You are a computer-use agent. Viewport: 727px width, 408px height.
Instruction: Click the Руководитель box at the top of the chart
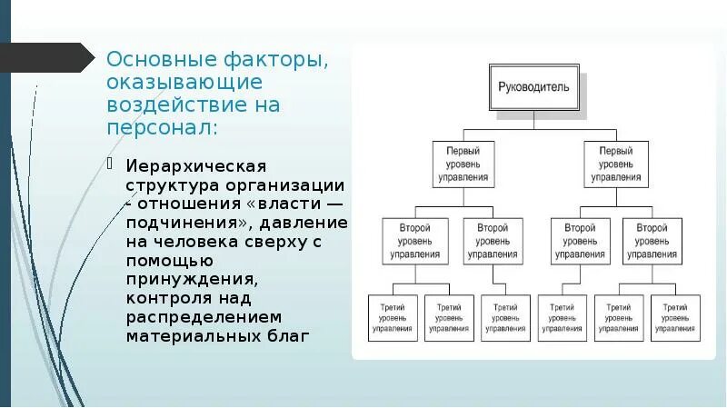(x=533, y=87)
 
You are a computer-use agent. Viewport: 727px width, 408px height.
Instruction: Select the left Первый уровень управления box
(x=463, y=164)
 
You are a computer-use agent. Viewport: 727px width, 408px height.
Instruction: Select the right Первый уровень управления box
(x=616, y=164)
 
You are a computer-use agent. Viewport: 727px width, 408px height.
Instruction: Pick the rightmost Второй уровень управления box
(x=652, y=241)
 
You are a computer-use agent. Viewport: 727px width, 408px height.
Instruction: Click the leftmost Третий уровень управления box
(x=393, y=318)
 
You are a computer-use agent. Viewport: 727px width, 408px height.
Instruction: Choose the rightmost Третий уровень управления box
(x=674, y=318)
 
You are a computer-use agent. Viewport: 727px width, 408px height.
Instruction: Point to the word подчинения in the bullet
(x=184, y=223)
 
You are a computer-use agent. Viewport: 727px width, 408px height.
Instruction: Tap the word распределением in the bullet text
(x=204, y=317)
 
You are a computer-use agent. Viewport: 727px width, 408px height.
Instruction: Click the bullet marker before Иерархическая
(x=110, y=165)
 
